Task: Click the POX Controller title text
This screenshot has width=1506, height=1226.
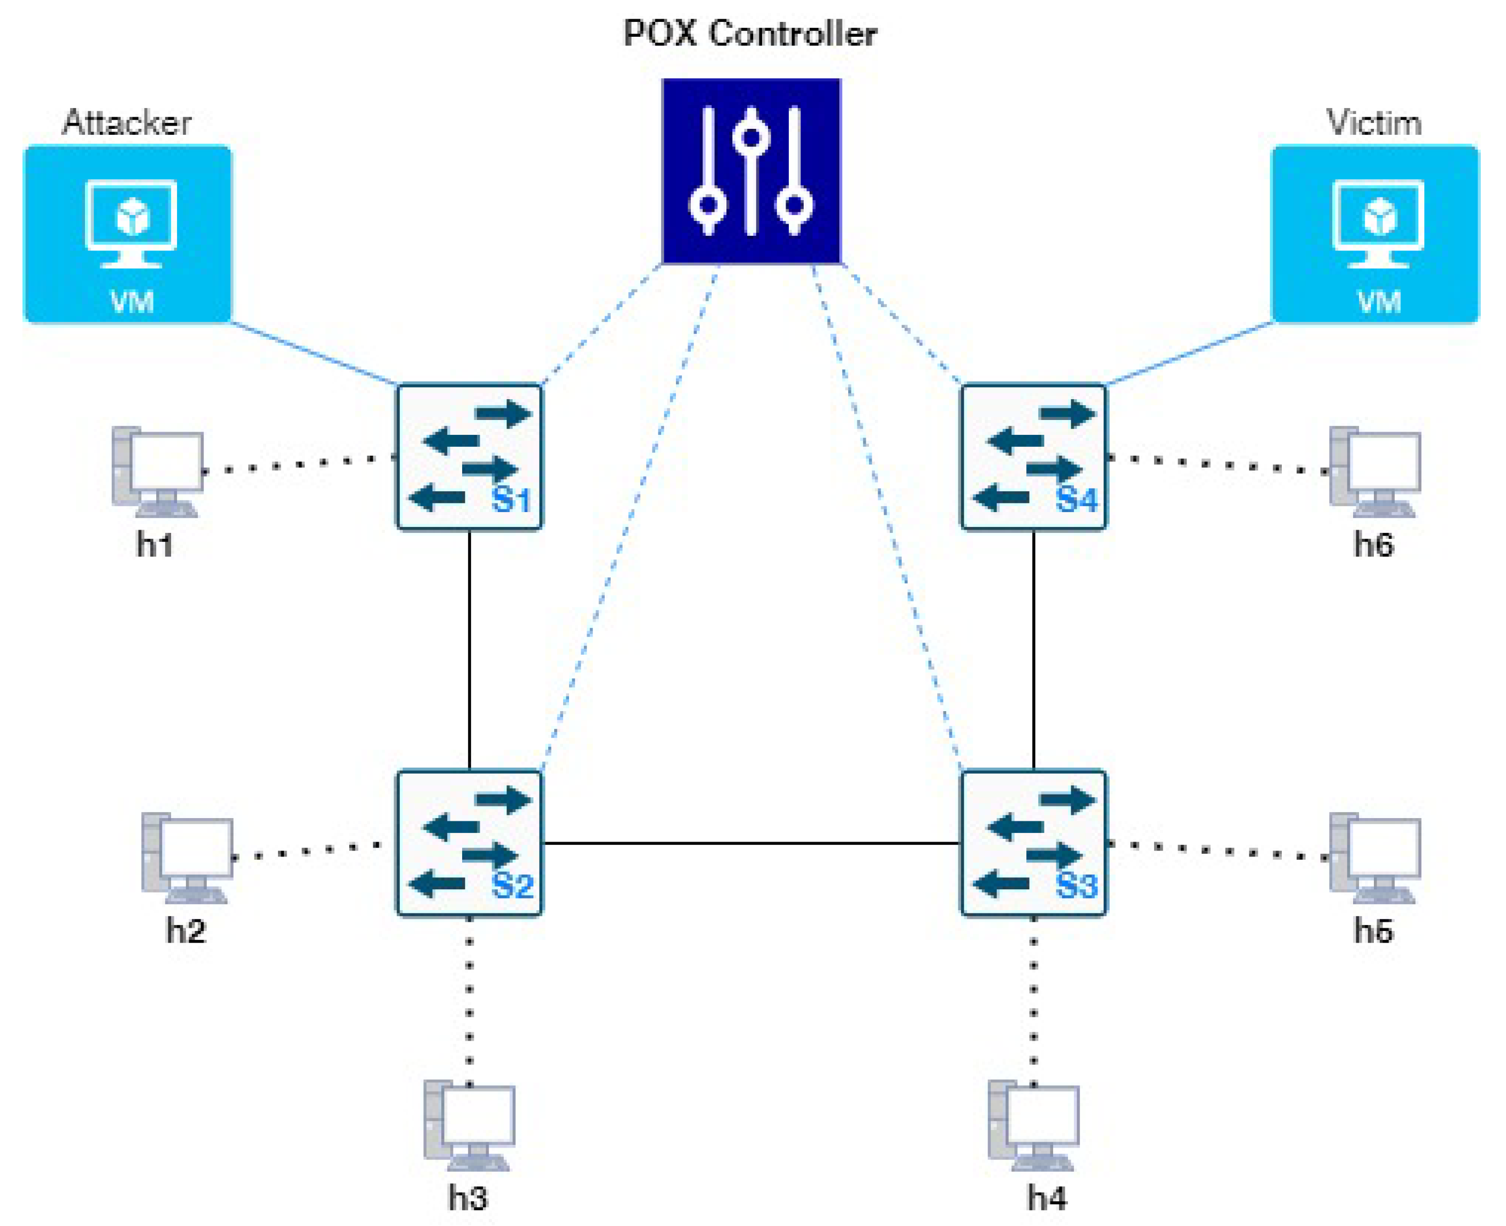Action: point(750,33)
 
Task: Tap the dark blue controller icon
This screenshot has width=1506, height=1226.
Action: point(751,171)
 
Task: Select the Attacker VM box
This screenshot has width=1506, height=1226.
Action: point(128,234)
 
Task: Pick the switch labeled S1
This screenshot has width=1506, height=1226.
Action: point(469,457)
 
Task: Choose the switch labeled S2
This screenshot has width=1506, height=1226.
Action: point(469,843)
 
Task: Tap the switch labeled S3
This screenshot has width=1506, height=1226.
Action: point(1033,843)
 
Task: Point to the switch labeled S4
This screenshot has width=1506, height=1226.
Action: point(1033,457)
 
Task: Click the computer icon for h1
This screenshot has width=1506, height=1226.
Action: point(157,471)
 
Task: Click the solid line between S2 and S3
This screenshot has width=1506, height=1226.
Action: point(751,843)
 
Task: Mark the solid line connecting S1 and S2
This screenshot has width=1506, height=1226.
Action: point(469,650)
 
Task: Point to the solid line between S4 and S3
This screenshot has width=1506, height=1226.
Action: point(1033,650)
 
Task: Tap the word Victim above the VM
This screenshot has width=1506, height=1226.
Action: point(1374,123)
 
